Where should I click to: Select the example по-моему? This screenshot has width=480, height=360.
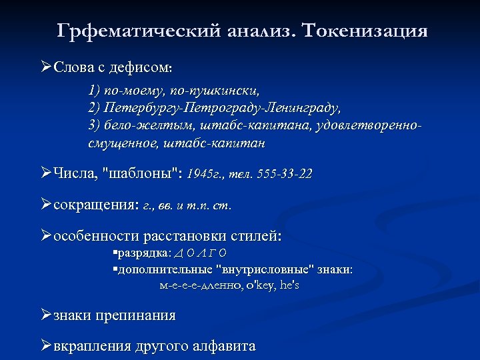pos(117,89)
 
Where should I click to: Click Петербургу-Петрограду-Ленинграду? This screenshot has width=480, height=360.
pos(214,107)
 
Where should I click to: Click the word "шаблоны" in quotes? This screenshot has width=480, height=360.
pos(141,175)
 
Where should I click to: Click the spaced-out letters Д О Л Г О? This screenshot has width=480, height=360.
pos(200,253)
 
